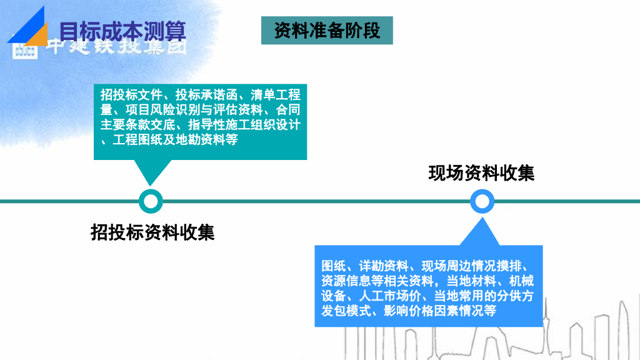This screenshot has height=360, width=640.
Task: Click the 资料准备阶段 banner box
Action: click(x=327, y=31)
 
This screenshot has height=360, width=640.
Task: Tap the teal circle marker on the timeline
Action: click(x=150, y=201)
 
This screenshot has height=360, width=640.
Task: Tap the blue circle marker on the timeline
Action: click(x=482, y=201)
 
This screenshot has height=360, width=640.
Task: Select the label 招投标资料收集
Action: click(x=152, y=232)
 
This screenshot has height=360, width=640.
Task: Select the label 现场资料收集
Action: click(x=481, y=172)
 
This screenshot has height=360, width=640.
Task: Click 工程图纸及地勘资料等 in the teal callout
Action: click(x=176, y=140)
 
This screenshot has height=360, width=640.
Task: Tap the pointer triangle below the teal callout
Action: click(x=150, y=172)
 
